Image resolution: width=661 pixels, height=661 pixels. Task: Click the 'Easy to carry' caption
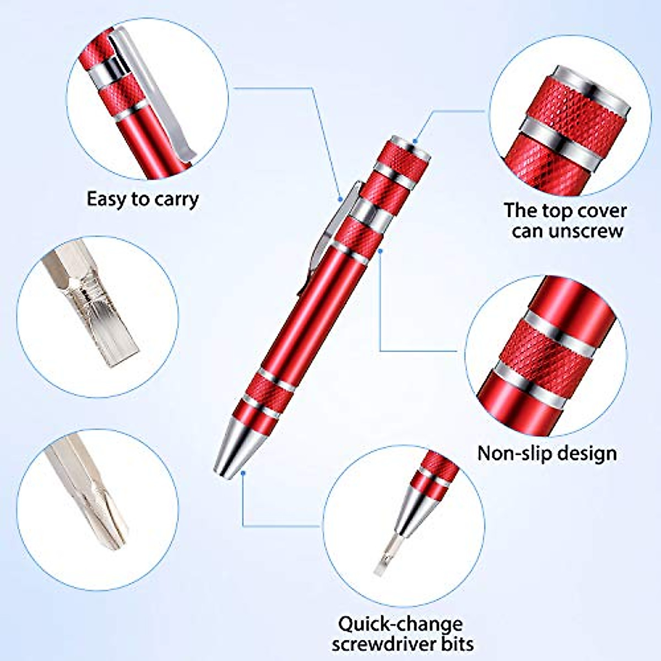pos(143,199)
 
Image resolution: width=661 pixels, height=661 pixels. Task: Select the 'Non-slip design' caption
pos(547,453)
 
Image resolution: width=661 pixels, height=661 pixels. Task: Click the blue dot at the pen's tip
pos(243,473)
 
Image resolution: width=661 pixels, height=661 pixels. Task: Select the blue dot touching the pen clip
pos(341,198)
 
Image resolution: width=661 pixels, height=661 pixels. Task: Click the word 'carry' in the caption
pos(176,199)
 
